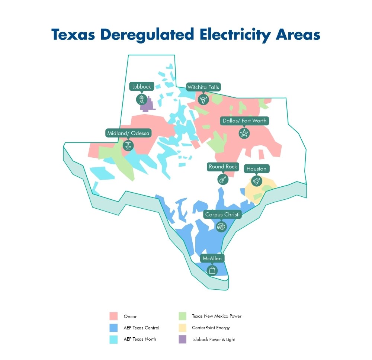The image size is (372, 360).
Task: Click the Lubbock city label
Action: click(x=141, y=87)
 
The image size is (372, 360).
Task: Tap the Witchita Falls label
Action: click(x=203, y=87)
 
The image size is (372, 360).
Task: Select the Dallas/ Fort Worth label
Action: click(x=244, y=121)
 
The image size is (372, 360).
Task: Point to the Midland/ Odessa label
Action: click(x=128, y=133)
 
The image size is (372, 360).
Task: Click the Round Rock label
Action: click(x=223, y=167)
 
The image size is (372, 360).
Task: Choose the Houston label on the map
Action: click(x=256, y=169)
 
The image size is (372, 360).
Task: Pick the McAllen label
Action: click(x=212, y=258)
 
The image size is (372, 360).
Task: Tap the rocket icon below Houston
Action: click(x=256, y=181)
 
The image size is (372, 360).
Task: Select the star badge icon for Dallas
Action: click(x=244, y=133)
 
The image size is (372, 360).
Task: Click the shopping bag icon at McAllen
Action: click(x=212, y=270)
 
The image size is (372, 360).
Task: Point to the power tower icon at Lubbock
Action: click(x=141, y=99)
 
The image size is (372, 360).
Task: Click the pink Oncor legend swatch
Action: click(x=113, y=316)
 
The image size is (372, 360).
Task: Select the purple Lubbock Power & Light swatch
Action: click(x=182, y=339)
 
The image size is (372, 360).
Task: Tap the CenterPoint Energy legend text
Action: click(x=211, y=328)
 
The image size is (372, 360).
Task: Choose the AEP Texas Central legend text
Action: click(x=141, y=328)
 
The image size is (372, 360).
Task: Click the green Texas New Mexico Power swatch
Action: click(x=182, y=316)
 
